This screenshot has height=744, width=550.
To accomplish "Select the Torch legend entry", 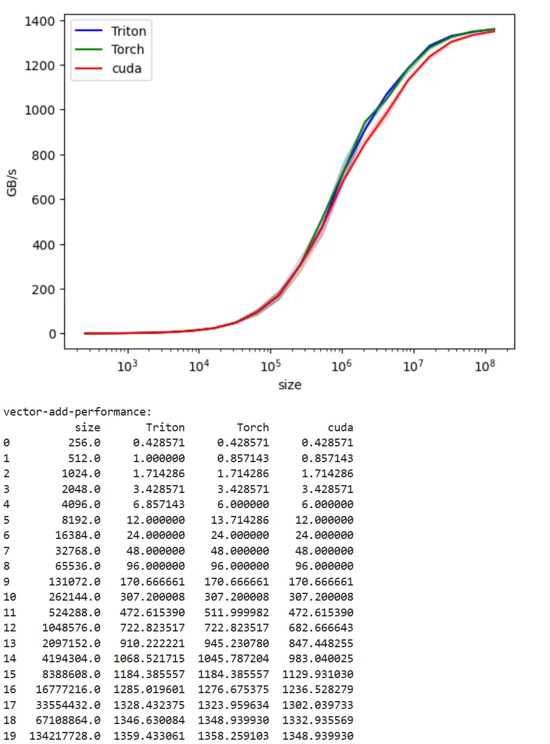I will tap(127, 50).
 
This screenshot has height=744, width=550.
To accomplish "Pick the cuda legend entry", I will tap(126, 68).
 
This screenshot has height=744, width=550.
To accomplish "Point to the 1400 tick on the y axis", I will tap(40, 22).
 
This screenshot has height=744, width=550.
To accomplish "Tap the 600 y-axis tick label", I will tap(44, 200).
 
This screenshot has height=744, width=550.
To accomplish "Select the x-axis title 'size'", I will tap(289, 385).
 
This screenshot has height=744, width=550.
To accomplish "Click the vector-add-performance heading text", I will tap(77, 412).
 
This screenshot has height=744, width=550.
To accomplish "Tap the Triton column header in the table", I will tap(165, 428).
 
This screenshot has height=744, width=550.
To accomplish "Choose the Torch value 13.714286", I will tap(242, 520).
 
